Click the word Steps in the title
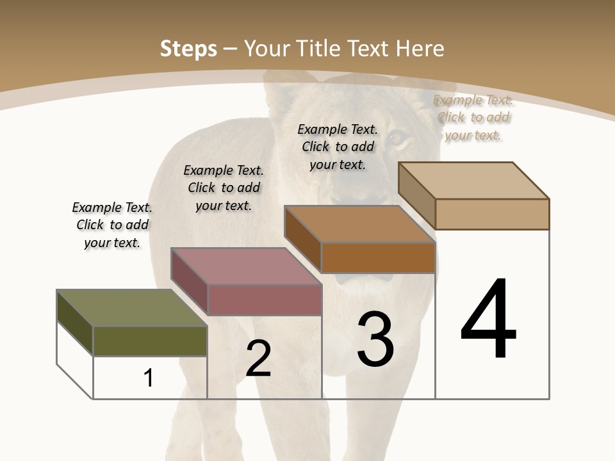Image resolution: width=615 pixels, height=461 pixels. click(188, 49)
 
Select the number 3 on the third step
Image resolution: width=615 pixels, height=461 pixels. click(375, 339)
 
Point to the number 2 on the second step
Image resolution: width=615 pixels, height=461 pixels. click(258, 359)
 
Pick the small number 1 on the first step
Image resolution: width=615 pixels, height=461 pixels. click(149, 378)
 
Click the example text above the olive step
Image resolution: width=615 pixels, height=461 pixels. click(112, 225)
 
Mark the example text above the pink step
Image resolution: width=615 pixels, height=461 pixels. click(224, 188)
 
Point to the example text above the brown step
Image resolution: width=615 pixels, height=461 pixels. click(338, 147)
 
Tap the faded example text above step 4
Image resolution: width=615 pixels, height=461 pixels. click(473, 117)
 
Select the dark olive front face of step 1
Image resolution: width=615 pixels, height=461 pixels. click(150, 341)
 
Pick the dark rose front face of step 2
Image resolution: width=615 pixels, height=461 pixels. click(265, 300)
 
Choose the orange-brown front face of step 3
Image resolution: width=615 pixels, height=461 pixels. click(378, 257)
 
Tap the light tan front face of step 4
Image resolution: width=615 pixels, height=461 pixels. click(492, 214)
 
